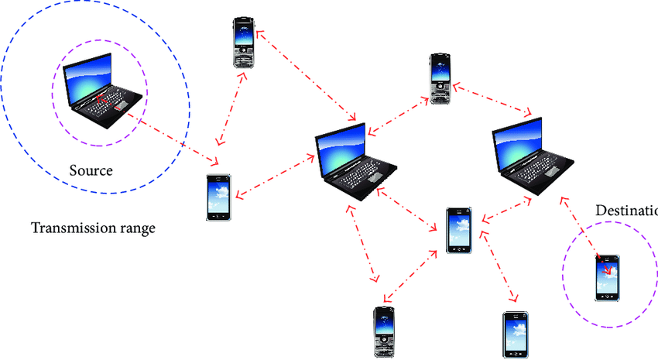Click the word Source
point(91,170)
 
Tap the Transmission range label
point(93,228)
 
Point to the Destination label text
point(626,211)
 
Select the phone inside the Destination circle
point(607,277)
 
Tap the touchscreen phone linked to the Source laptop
point(218,197)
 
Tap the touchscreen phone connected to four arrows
point(458,230)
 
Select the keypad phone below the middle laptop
point(385,331)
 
